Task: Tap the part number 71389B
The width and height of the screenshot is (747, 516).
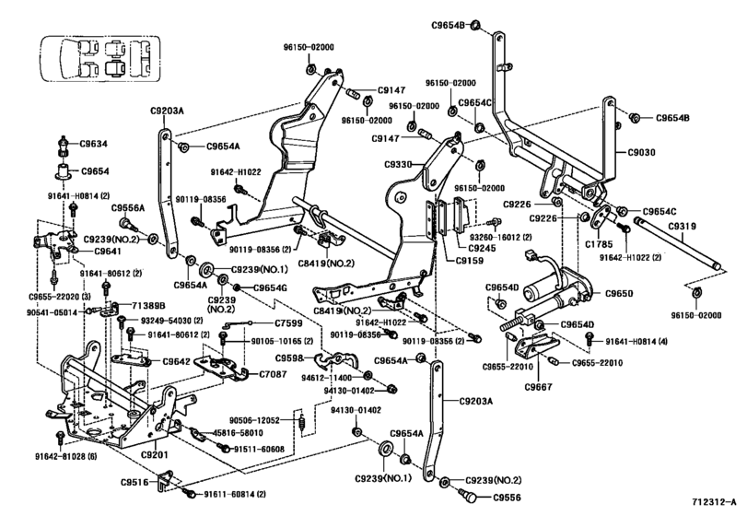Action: pyautogui.click(x=147, y=304)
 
